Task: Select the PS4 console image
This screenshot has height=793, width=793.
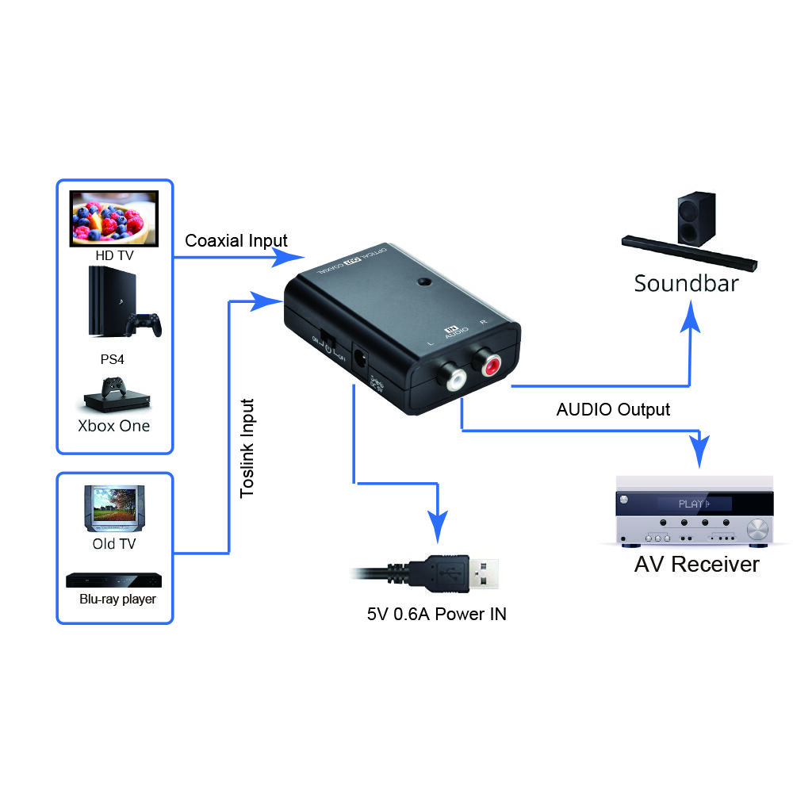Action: (105, 301)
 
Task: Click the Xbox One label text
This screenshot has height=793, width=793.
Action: (113, 425)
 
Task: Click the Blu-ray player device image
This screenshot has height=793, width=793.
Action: (114, 580)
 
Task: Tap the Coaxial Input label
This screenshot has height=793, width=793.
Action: (236, 240)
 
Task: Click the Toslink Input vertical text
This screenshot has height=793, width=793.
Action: (247, 447)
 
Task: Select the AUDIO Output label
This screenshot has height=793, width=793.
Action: (612, 409)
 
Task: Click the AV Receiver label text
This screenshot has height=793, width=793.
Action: (696, 564)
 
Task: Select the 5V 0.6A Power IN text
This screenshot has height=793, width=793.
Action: (436, 614)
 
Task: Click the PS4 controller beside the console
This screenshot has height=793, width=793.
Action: (147, 324)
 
